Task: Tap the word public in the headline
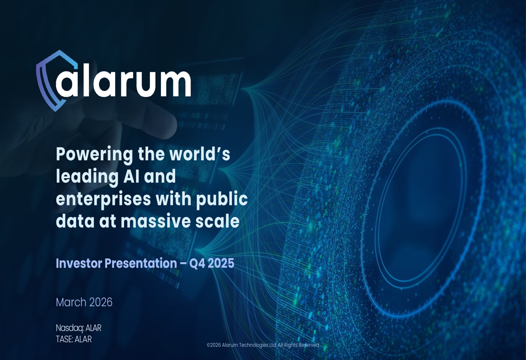point(222,200)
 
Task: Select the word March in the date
point(71,302)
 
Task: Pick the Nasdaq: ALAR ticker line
point(78,328)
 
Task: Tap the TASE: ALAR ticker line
point(74,339)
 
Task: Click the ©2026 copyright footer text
point(262,345)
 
